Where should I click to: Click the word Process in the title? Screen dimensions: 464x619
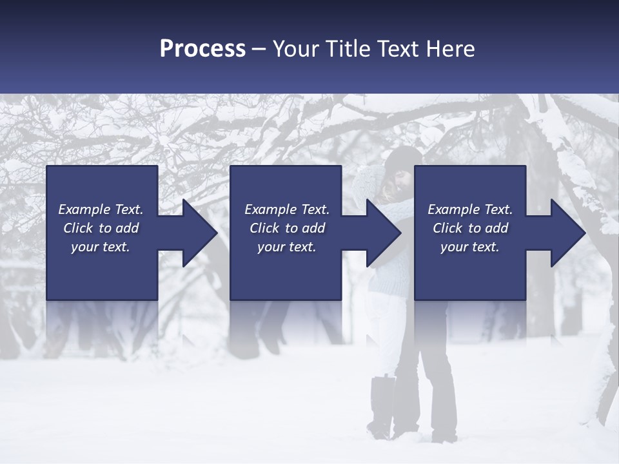[202, 49]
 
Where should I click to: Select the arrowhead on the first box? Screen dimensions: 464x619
[197, 233]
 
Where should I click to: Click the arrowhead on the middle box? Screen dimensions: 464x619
[382, 233]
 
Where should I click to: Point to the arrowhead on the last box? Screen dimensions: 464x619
[566, 233]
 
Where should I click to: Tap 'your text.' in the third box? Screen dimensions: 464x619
[470, 247]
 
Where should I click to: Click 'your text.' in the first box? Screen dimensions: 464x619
[101, 247]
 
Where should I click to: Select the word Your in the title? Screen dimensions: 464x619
[294, 49]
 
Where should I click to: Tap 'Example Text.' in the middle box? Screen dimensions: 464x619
[286, 209]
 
